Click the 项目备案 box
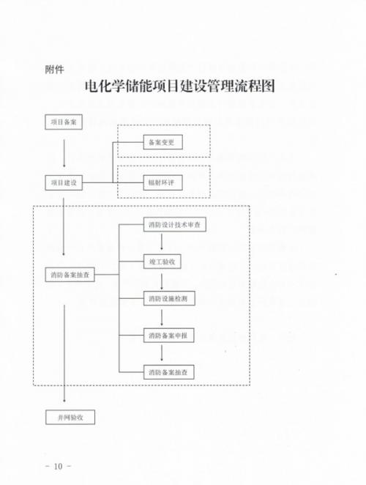click(64, 122)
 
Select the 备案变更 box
click(163, 142)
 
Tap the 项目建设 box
click(64, 182)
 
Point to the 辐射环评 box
click(163, 182)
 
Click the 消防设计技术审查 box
click(175, 225)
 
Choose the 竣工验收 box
click(163, 262)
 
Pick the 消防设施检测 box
click(169, 298)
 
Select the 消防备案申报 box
click(169, 336)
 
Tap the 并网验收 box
click(70, 418)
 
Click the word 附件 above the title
click(54, 70)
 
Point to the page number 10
click(58, 466)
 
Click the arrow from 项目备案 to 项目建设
click(64, 153)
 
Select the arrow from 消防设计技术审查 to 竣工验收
click(161, 242)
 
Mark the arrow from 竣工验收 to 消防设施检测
click(161, 281)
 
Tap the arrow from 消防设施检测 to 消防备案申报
click(161, 318)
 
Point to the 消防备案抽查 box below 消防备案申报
click(169, 372)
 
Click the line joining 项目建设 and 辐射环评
click(113, 182)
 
